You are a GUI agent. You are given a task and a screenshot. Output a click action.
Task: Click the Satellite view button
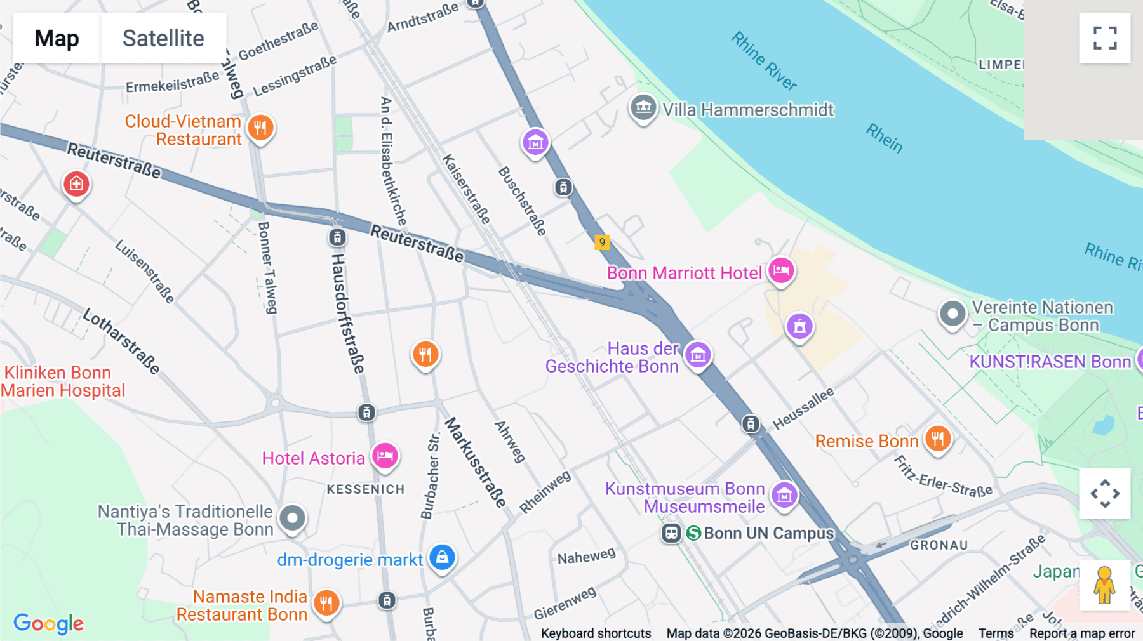tap(163, 38)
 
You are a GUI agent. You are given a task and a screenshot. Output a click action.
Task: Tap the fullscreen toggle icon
tap(1105, 38)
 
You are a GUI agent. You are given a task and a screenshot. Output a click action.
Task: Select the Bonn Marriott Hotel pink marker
tap(781, 271)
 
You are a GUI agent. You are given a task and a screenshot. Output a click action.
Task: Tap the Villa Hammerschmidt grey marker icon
tap(643, 108)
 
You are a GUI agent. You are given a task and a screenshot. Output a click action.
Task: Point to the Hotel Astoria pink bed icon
tap(385, 456)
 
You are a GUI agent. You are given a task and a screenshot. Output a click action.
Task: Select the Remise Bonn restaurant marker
tap(937, 439)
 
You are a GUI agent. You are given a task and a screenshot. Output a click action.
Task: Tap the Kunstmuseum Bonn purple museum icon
tap(784, 495)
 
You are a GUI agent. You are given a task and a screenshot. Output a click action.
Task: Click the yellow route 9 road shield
tap(602, 242)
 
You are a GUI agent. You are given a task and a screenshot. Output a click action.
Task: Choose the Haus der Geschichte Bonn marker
tap(698, 355)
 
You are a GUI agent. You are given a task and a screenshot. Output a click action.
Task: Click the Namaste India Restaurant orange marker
tap(326, 603)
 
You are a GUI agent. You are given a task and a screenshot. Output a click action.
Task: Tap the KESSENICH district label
tap(366, 489)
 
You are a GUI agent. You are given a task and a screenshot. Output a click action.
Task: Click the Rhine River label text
tap(763, 61)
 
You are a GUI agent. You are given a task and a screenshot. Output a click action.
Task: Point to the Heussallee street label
tap(803, 409)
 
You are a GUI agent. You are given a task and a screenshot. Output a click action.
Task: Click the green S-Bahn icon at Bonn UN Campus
tap(693, 533)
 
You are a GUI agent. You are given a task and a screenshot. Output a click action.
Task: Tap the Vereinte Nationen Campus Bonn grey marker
tap(952, 314)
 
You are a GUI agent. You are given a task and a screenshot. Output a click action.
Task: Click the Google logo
tap(49, 623)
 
